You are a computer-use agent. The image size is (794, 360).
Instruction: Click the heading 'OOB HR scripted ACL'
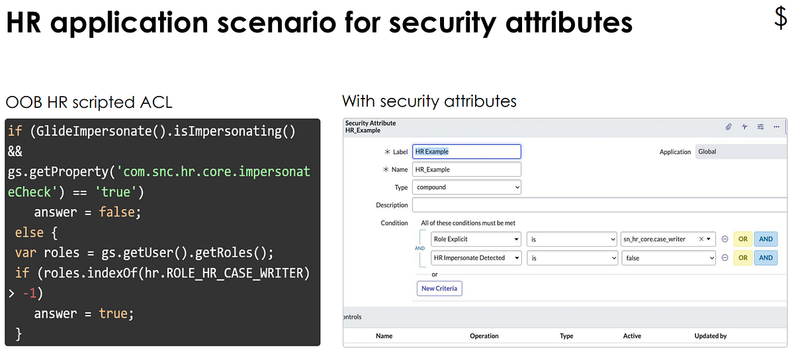89,103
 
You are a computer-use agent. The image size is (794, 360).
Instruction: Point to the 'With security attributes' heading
429,101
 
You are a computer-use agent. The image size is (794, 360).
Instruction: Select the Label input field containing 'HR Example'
466,152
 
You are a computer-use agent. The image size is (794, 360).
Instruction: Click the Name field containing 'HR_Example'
466,169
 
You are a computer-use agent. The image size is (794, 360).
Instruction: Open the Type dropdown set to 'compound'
466,187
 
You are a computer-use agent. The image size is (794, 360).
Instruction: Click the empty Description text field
595,205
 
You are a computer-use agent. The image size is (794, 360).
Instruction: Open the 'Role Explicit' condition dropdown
476,239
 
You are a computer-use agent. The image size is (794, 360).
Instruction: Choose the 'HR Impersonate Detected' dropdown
476,258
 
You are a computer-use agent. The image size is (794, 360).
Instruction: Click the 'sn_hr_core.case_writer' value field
668,239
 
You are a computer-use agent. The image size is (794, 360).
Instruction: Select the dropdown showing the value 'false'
668,258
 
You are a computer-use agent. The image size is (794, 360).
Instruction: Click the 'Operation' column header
484,336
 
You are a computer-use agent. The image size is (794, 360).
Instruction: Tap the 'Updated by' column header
710,336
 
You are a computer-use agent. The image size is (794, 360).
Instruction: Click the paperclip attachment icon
728,126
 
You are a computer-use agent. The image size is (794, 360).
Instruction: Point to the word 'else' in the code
29,233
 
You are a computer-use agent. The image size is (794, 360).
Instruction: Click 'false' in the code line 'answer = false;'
119,212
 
